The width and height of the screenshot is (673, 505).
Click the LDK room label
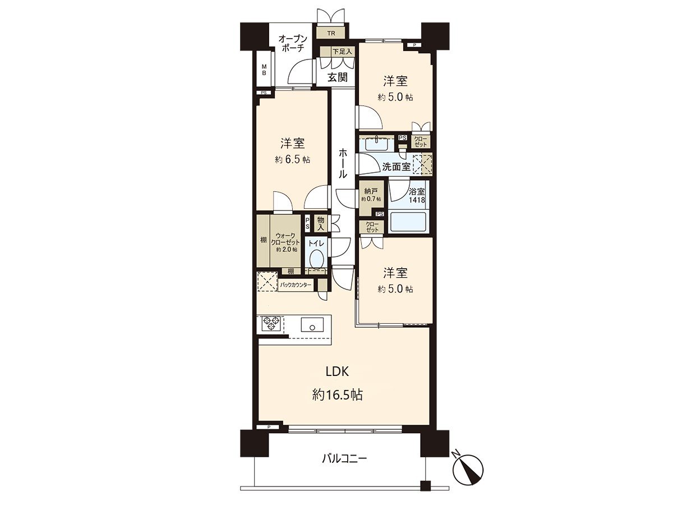(338, 371)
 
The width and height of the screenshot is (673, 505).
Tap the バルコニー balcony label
(344, 459)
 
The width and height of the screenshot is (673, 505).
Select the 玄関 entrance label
(337, 77)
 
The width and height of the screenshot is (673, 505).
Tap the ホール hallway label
(342, 163)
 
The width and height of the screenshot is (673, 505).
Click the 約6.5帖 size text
(292, 159)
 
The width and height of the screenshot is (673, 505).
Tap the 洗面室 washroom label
(397, 167)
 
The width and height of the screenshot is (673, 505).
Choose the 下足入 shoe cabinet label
(342, 52)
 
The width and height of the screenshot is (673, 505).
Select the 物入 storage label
(320, 223)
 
